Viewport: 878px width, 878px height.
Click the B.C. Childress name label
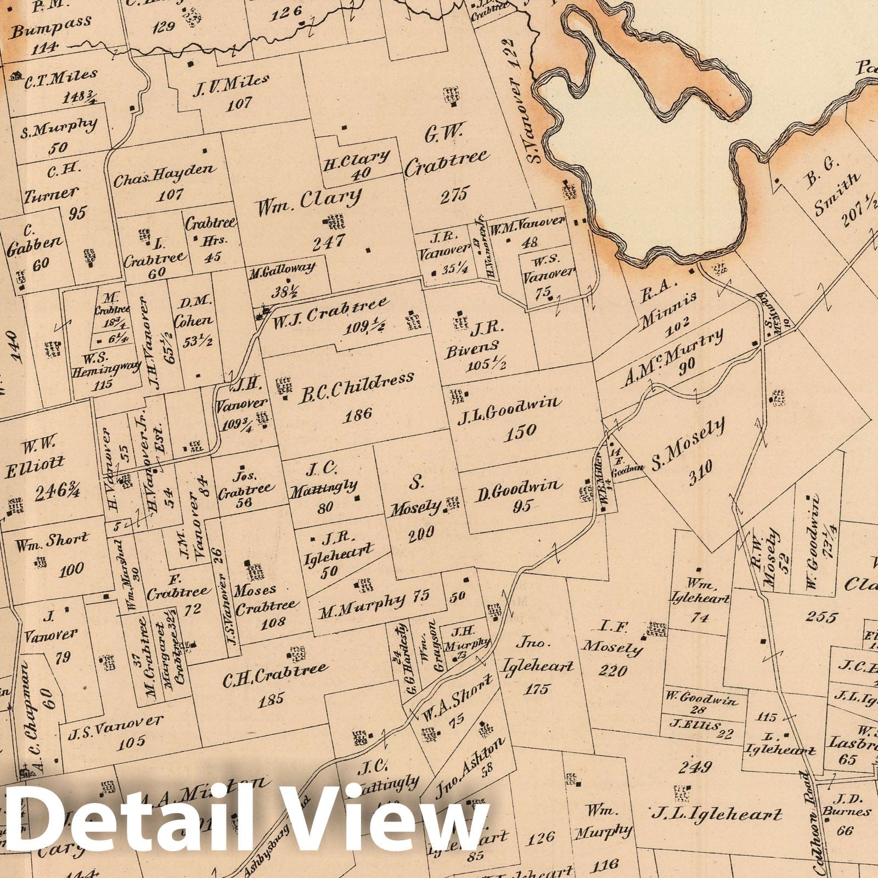(356, 387)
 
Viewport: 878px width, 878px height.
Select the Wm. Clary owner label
(308, 201)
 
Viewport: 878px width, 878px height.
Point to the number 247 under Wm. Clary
(327, 241)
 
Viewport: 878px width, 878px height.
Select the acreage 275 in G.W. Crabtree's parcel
(455, 194)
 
